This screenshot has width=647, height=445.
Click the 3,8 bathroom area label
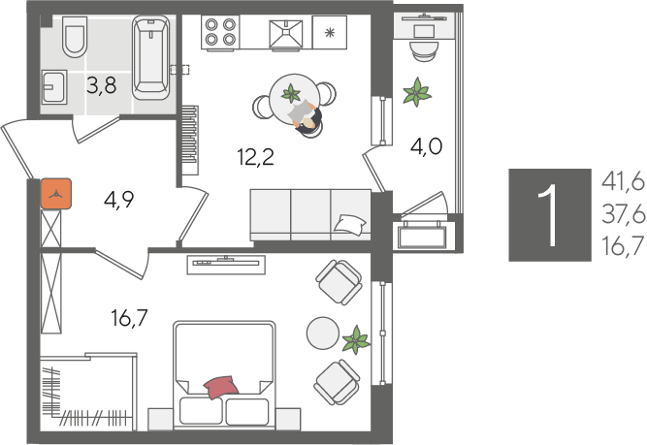coord(102,85)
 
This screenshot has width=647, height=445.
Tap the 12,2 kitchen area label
coord(256,157)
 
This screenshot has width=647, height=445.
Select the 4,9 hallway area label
coord(119,200)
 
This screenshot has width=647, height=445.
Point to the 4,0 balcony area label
coord(426,146)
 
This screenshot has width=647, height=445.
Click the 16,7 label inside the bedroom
coord(129,318)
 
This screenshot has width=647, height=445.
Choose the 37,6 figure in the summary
coord(623,214)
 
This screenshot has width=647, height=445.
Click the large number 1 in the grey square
coord(550,215)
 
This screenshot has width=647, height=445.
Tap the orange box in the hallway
coord(56,194)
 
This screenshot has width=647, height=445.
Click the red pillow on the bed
coord(221,387)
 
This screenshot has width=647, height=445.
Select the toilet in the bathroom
coord(75,37)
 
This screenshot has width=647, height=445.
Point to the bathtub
coord(151,57)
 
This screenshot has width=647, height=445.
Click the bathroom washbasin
coord(54,86)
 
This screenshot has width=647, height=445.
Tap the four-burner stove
coord(220,32)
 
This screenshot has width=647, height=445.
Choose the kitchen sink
coord(286,34)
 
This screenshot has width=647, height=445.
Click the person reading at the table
coord(307,117)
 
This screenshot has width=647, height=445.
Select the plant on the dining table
coord(291,94)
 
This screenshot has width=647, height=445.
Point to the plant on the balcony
coord(417,92)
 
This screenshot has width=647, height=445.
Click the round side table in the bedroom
coord(323,333)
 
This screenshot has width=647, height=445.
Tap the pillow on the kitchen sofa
coord(349,225)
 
